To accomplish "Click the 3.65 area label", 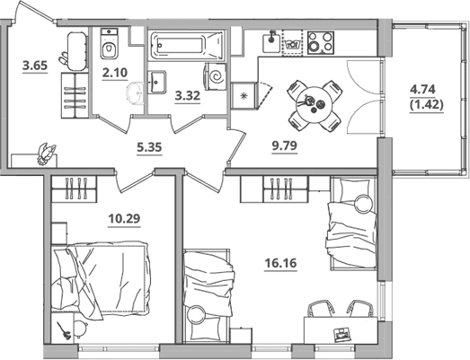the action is click(x=35, y=66).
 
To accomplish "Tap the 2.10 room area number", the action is click(x=115, y=73).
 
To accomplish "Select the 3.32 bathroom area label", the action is click(x=188, y=96).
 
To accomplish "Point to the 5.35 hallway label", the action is click(x=149, y=147).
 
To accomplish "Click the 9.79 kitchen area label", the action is click(x=285, y=145).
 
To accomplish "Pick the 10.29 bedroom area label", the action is click(x=124, y=219).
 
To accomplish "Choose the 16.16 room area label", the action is click(x=280, y=263).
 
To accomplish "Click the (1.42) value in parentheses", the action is click(x=426, y=104).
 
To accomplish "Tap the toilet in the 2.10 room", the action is click(x=109, y=44).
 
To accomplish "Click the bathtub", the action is click(x=186, y=45).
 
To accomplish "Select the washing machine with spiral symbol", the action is click(x=215, y=76).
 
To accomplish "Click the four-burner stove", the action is click(x=321, y=42).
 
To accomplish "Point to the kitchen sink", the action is click(x=271, y=43).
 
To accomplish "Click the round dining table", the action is click(x=315, y=104).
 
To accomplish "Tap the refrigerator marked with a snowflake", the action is click(x=244, y=96).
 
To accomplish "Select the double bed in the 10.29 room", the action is click(x=101, y=278).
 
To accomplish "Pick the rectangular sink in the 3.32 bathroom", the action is click(x=156, y=82).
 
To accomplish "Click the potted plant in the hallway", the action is click(x=47, y=154).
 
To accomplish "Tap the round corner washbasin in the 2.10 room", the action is click(x=136, y=93).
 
